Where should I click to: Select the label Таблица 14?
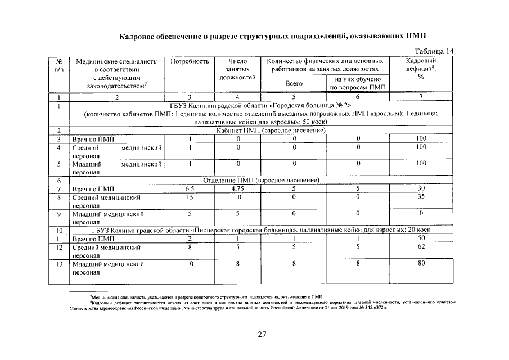(434, 51)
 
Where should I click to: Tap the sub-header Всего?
(294, 83)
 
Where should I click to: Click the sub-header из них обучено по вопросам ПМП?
(358, 83)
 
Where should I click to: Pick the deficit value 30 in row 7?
(421, 188)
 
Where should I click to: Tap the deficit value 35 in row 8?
(421, 197)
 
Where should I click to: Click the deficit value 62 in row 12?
(421, 246)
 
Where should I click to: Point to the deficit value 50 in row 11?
(421, 238)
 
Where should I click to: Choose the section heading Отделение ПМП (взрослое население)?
(261, 180)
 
